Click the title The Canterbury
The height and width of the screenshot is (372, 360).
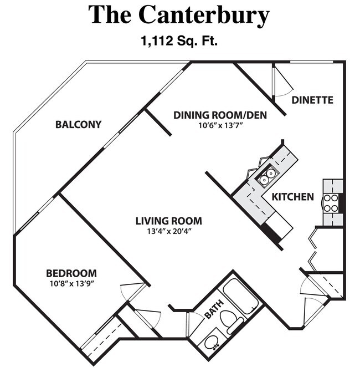(179, 15)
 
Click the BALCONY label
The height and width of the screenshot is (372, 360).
(78, 125)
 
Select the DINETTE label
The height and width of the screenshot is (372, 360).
(312, 100)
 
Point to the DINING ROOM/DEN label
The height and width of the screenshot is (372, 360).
(220, 115)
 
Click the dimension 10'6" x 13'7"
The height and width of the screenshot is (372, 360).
(220, 125)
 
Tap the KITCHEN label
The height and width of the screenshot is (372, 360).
(292, 197)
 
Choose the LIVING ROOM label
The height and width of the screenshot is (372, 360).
(168, 221)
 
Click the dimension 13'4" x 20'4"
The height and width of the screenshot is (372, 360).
(168, 231)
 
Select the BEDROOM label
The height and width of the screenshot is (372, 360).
(71, 273)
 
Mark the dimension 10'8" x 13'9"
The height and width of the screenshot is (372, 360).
(71, 283)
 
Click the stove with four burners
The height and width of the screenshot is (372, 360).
(331, 203)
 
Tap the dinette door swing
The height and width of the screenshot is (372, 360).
(282, 82)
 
